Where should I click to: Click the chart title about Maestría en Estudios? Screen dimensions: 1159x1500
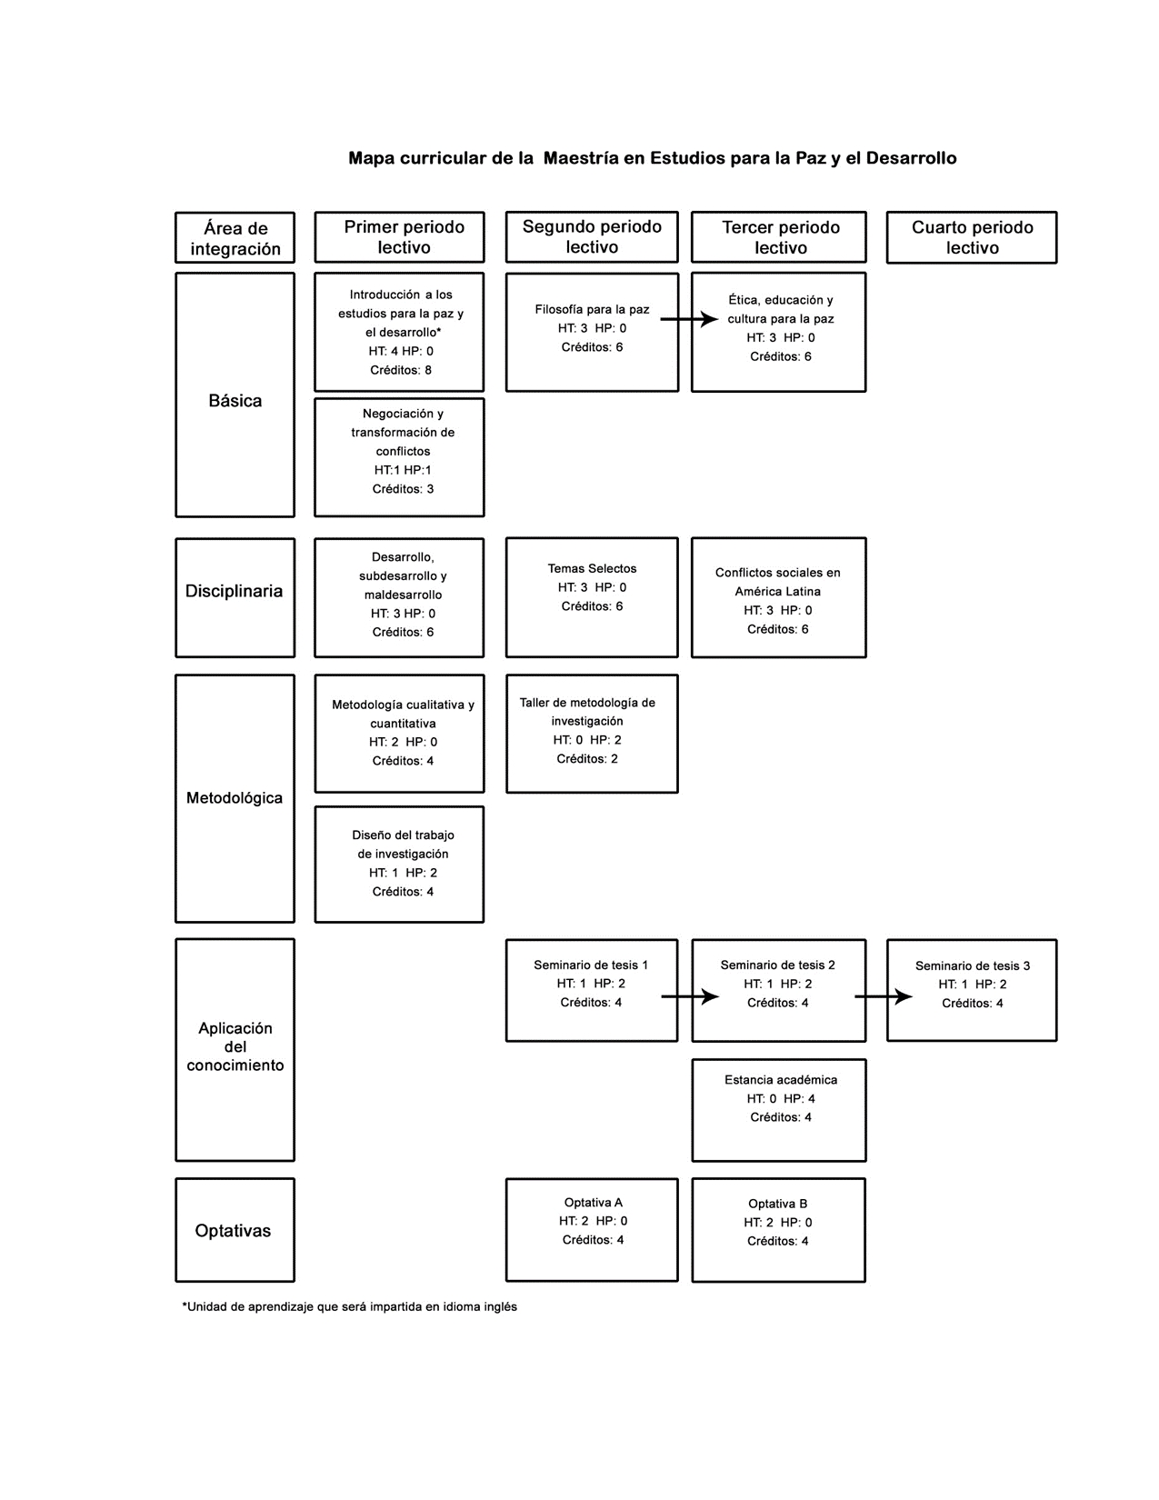(652, 158)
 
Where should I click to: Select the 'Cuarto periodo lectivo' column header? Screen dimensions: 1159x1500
(971, 236)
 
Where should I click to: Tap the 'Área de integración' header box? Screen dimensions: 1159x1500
(235, 237)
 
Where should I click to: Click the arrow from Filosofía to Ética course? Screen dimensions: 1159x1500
(689, 319)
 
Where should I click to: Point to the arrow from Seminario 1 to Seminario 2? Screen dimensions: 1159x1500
(690, 996)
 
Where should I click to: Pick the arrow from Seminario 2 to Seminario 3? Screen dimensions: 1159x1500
(883, 996)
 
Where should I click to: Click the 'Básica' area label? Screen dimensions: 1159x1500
(235, 400)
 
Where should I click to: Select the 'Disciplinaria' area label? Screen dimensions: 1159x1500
(234, 591)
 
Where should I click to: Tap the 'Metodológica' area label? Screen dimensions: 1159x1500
(234, 798)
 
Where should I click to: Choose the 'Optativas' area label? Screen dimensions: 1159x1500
(233, 1230)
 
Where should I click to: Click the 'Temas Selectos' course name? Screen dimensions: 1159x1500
(592, 568)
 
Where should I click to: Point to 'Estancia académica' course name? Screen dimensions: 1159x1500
(780, 1080)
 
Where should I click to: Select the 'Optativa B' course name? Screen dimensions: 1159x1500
(777, 1203)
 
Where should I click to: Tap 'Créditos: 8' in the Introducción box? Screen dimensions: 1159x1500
(400, 370)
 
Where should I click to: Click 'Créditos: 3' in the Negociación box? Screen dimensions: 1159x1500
(403, 489)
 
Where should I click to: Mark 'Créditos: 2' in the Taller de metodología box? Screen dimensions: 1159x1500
(586, 758)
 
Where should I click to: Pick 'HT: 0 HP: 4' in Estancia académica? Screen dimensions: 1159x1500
(780, 1098)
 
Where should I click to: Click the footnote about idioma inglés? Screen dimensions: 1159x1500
(349, 1306)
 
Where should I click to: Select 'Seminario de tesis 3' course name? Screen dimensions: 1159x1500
(972, 965)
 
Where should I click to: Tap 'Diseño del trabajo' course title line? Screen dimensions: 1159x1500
(403, 835)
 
